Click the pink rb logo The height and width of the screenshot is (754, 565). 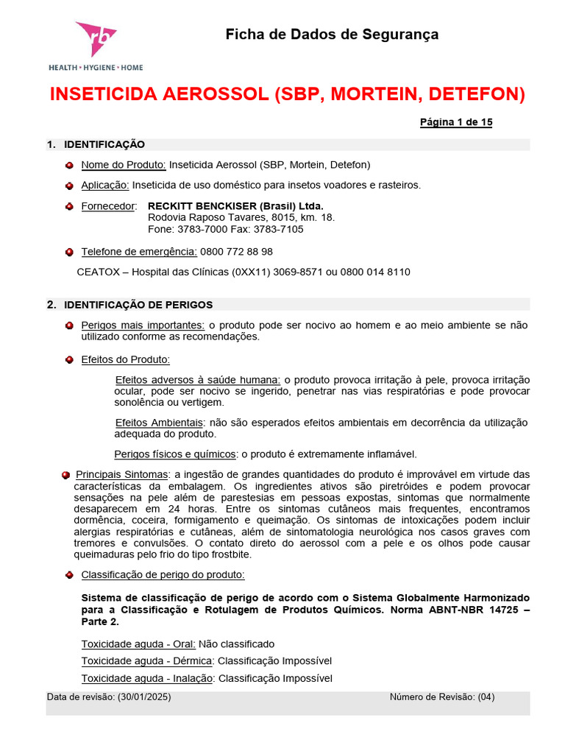pos(95,39)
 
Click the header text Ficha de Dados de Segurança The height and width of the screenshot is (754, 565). pos(332,34)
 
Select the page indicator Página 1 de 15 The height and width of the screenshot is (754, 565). pos(455,122)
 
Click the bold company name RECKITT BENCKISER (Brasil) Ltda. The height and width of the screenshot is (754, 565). pos(235,205)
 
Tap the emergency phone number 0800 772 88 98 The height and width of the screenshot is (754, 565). pos(236,251)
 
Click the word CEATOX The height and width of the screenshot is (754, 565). pos(99,272)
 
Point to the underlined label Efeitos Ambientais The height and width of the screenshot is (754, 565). pos(159,422)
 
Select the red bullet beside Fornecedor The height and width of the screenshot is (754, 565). pos(69,206)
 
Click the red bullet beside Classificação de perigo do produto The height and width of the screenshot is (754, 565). pos(69,574)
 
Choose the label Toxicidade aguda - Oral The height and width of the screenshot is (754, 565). pos(132,644)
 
